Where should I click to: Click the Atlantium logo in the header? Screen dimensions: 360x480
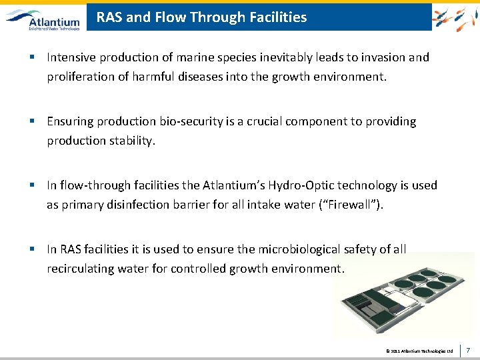point(43,18)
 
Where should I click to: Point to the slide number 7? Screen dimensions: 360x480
point(469,349)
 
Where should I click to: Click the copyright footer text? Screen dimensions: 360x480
point(419,350)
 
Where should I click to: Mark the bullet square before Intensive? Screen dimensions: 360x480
point(32,57)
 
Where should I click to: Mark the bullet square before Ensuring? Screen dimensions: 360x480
point(32,121)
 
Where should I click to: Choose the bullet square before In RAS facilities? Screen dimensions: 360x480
point(32,249)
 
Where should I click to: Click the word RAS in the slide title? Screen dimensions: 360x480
point(109,17)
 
